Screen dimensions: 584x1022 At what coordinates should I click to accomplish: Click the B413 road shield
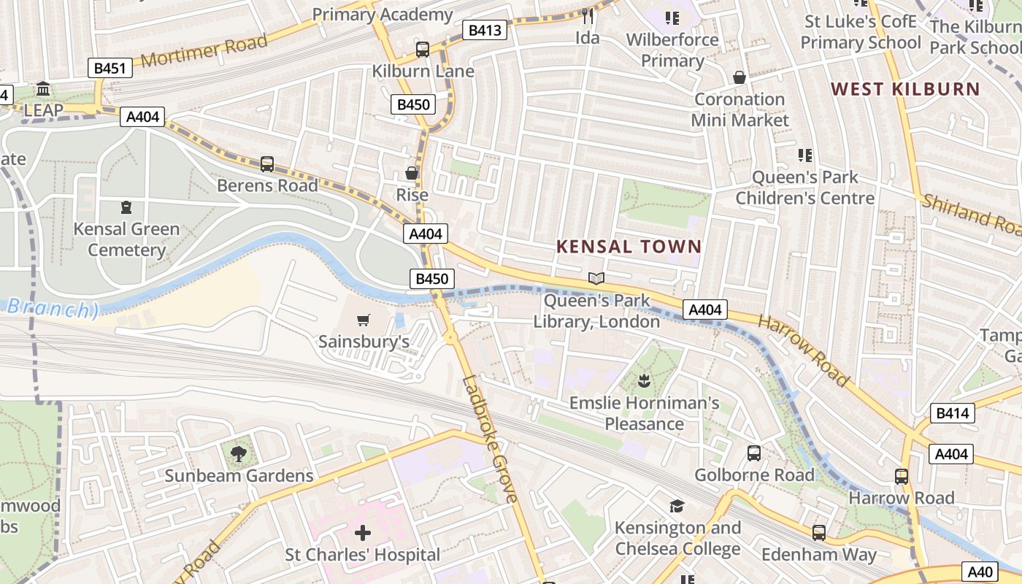click(485, 30)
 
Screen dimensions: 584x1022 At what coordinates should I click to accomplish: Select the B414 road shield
click(952, 413)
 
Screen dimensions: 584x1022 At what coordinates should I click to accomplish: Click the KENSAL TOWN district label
click(629, 247)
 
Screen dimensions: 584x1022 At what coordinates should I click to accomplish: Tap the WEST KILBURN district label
click(905, 89)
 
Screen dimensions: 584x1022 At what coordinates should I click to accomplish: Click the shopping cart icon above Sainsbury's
click(363, 320)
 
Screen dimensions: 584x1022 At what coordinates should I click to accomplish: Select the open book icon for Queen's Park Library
click(596, 278)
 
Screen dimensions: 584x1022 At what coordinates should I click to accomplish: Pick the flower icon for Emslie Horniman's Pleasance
click(644, 380)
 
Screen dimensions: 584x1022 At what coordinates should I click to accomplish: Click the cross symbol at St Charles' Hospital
click(362, 532)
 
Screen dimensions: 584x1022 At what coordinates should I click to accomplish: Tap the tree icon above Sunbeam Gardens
click(238, 453)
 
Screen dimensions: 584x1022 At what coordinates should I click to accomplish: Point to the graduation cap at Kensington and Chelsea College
click(677, 506)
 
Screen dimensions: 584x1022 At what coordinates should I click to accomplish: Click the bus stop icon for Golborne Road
click(754, 453)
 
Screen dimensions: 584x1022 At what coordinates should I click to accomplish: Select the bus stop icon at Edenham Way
click(818, 532)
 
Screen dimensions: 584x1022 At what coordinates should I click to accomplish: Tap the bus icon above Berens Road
click(267, 164)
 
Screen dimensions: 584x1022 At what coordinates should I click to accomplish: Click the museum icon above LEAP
click(43, 89)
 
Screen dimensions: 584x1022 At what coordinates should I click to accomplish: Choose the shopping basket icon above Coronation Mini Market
click(739, 77)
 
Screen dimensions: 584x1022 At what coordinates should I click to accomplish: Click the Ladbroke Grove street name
click(491, 439)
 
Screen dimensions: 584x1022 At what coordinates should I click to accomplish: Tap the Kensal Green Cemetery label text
click(126, 239)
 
